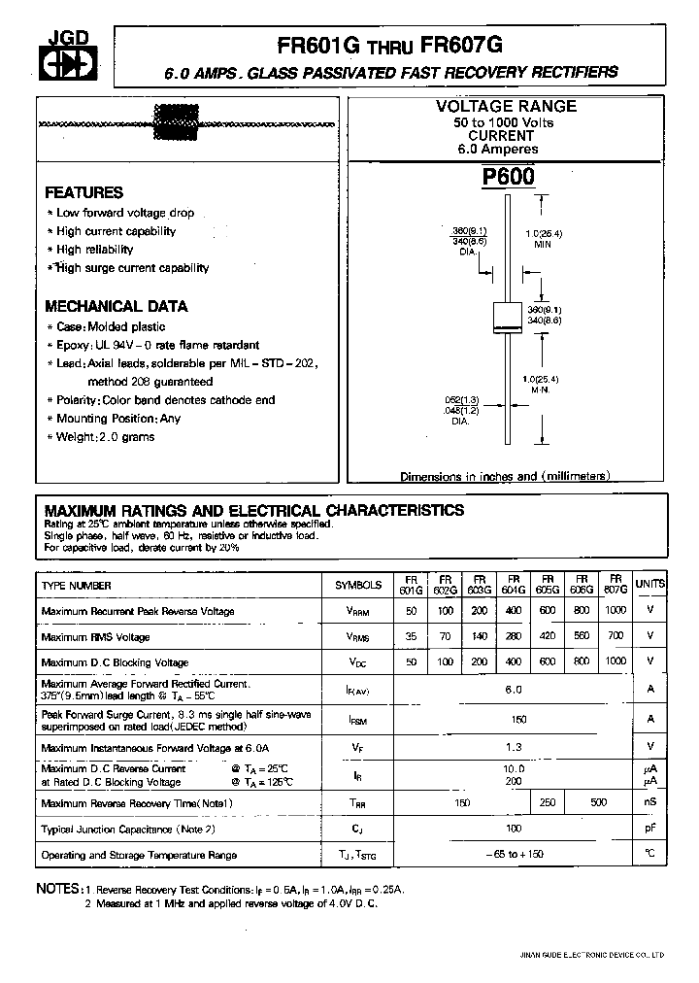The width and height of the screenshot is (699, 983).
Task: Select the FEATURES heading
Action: pyautogui.click(x=84, y=192)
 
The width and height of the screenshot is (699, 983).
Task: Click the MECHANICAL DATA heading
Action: pyautogui.click(x=116, y=306)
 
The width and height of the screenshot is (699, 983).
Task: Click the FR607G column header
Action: pyautogui.click(x=616, y=585)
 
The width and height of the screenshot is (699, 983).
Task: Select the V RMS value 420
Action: pyautogui.click(x=548, y=637)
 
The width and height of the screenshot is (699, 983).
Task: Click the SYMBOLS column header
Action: pyautogui.click(x=358, y=586)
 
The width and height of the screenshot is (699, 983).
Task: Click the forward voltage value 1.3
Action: pyautogui.click(x=514, y=747)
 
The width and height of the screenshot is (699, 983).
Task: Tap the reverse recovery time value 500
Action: pyautogui.click(x=598, y=802)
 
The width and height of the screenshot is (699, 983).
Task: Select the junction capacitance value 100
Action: pyautogui.click(x=514, y=830)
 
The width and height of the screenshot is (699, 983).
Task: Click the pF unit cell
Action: pyautogui.click(x=650, y=830)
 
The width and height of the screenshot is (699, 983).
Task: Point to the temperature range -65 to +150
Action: pyautogui.click(x=514, y=856)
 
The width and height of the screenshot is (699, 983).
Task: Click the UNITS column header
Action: pyautogui.click(x=650, y=585)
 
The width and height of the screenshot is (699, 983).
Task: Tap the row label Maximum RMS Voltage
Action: pyautogui.click(x=95, y=637)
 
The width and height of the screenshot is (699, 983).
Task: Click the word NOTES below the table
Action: pyautogui.click(x=57, y=889)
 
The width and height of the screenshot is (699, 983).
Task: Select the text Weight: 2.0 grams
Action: pyautogui.click(x=105, y=437)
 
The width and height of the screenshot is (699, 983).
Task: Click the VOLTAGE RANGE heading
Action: pyautogui.click(x=505, y=106)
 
